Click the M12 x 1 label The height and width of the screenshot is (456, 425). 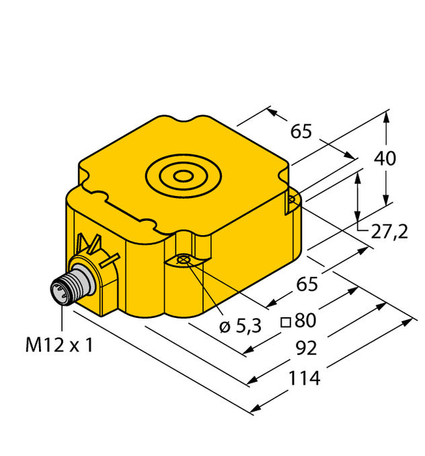click(59, 346)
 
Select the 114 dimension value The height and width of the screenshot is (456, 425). click(304, 378)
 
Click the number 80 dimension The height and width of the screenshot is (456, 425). click(305, 319)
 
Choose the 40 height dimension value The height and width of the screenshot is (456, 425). click(385, 159)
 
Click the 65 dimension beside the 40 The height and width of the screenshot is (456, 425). click(301, 132)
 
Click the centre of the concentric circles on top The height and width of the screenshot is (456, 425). click(182, 177)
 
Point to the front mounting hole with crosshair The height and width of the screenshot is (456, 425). click(184, 259)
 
